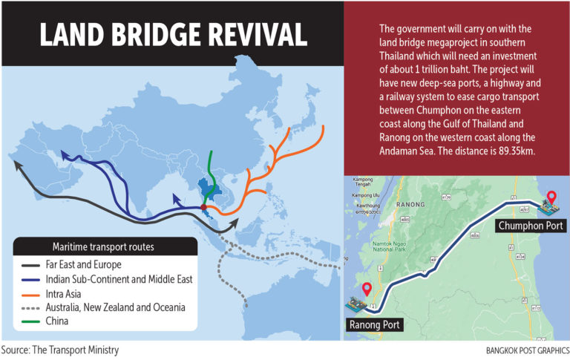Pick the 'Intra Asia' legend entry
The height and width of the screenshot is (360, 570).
(x=65, y=293)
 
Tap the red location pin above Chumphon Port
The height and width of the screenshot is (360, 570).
(x=550, y=198)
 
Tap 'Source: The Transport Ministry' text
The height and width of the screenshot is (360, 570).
(x=59, y=350)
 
